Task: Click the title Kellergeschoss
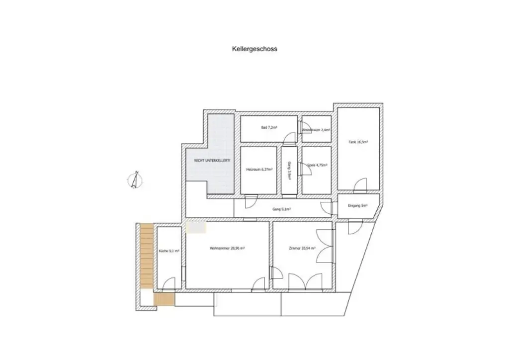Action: [254, 49]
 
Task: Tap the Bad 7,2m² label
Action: [269, 128]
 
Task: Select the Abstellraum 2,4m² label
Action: [316, 130]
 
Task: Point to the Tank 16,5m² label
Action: [358, 142]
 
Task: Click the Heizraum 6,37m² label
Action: [259, 170]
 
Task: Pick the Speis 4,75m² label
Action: [316, 165]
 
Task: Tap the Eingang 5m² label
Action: [358, 205]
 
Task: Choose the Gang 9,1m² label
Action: [281, 209]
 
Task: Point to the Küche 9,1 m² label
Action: [169, 251]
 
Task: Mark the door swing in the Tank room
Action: [361, 185]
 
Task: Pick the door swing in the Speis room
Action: [307, 170]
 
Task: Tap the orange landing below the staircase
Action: [164, 299]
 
